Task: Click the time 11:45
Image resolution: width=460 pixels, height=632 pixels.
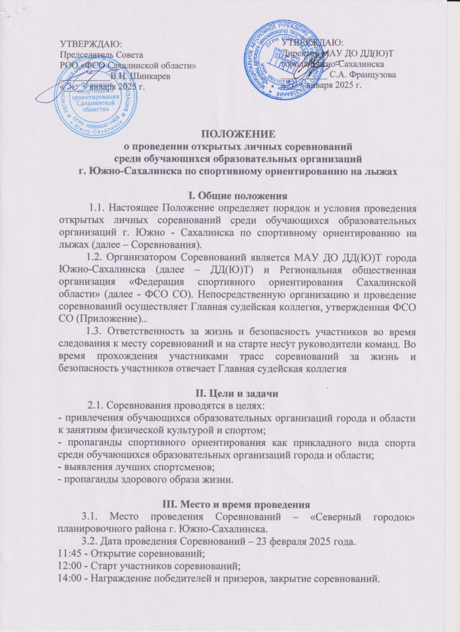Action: coord(70,553)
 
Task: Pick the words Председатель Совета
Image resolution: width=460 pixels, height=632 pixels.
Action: coord(101,54)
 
